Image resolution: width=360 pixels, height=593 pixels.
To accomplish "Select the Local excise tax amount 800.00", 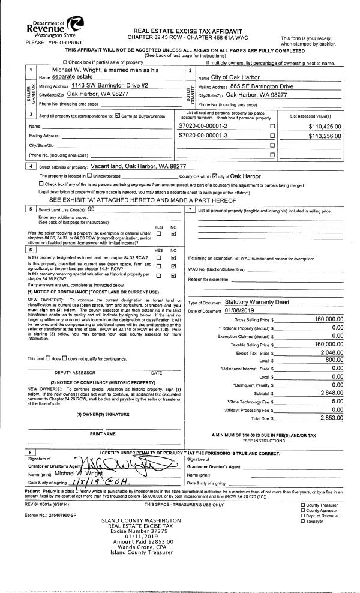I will pos(334,361).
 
